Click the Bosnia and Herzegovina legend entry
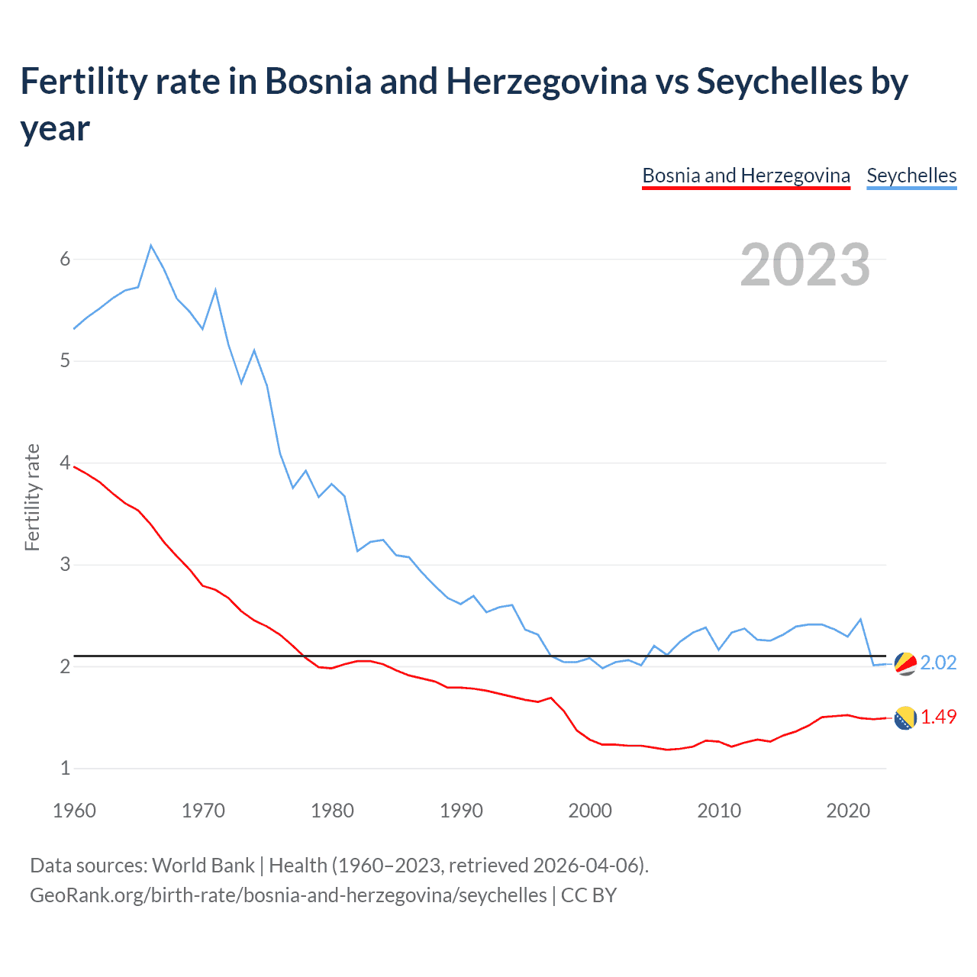(746, 176)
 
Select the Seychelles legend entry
(911, 176)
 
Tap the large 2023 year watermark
(805, 265)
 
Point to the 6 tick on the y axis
(65, 260)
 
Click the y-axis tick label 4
(65, 463)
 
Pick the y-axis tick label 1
(65, 769)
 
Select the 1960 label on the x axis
(74, 811)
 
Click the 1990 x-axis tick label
(461, 811)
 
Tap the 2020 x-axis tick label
(848, 811)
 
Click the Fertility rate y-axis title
(32, 497)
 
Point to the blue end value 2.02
(938, 663)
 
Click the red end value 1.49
(938, 717)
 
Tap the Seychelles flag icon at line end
(905, 664)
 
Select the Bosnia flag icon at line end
(905, 718)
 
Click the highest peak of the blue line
(151, 245)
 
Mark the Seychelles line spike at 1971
(216, 290)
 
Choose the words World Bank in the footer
(203, 866)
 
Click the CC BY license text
(588, 895)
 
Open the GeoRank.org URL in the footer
(288, 895)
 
